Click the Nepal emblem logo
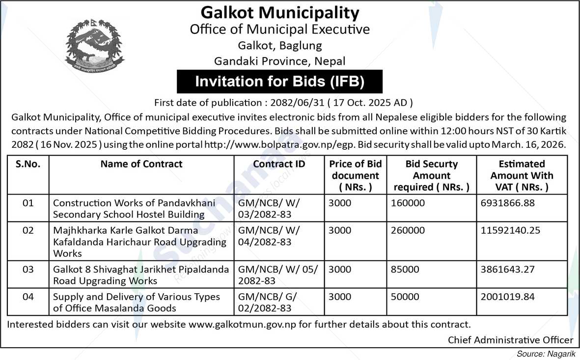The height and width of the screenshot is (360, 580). pyautogui.click(x=95, y=46)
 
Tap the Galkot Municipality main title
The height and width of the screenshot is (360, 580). pyautogui.click(x=280, y=12)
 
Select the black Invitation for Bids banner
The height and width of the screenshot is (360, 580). pyautogui.click(x=279, y=82)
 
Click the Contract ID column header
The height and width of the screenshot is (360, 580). pyautogui.click(x=279, y=164)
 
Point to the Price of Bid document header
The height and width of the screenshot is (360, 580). pyautogui.click(x=355, y=175)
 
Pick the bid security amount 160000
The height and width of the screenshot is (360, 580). pyautogui.click(x=408, y=203)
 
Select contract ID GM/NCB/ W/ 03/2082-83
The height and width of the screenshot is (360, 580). pyautogui.click(x=269, y=208)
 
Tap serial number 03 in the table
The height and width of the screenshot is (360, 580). pyautogui.click(x=28, y=270)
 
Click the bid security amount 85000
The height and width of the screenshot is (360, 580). pyautogui.click(x=405, y=270)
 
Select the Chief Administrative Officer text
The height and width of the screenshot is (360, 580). pyautogui.click(x=510, y=340)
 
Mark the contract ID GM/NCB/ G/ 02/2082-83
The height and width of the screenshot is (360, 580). pyautogui.click(x=268, y=303)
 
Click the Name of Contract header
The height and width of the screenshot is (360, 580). pyautogui.click(x=141, y=164)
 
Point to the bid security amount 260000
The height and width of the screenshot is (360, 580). pyautogui.click(x=408, y=230)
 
